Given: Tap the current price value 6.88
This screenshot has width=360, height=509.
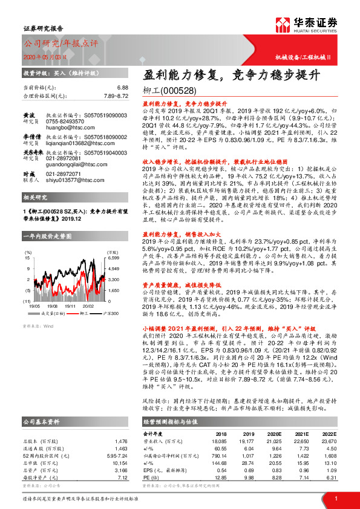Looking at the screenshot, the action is (123, 88).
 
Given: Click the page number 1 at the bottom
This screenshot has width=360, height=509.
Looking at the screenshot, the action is (335, 498).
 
